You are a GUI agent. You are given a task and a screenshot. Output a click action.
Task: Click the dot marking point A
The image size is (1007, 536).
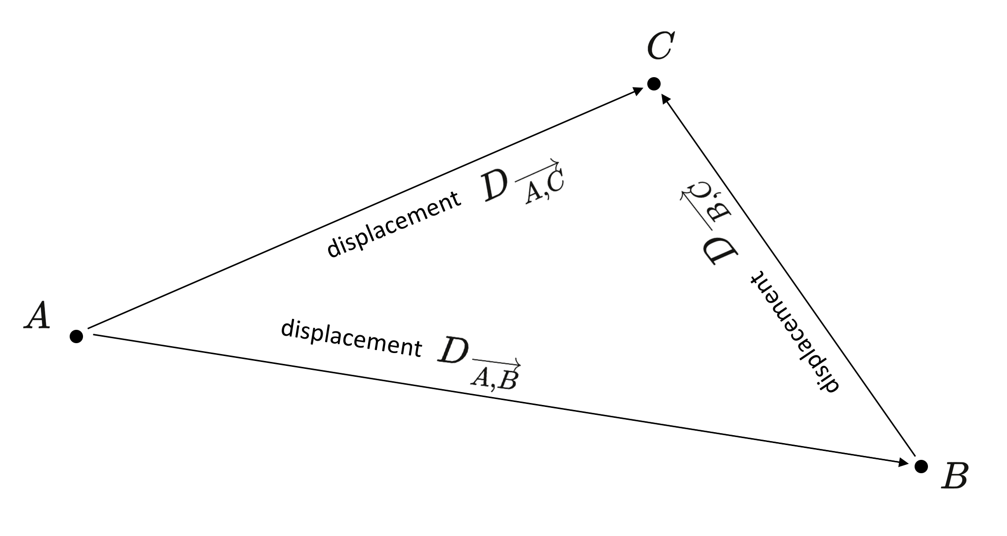pyautogui.click(x=76, y=336)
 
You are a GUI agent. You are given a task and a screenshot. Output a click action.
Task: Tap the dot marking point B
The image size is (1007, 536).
pyautogui.click(x=921, y=466)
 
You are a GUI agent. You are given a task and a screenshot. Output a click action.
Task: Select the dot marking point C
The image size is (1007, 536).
pyautogui.click(x=653, y=84)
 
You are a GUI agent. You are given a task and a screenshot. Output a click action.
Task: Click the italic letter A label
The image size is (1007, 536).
pyautogui.click(x=38, y=316)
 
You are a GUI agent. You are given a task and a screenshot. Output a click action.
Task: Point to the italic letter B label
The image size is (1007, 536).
pyautogui.click(x=954, y=476)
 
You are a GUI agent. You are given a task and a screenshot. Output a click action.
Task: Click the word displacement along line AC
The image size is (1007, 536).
pyautogui.click(x=393, y=225)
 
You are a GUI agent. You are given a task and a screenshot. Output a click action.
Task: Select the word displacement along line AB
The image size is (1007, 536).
pyautogui.click(x=351, y=339)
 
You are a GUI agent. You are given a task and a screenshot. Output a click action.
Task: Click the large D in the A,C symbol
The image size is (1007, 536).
pyautogui.click(x=495, y=187)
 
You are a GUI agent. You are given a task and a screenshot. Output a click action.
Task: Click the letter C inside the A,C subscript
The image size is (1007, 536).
pyautogui.click(x=554, y=181)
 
